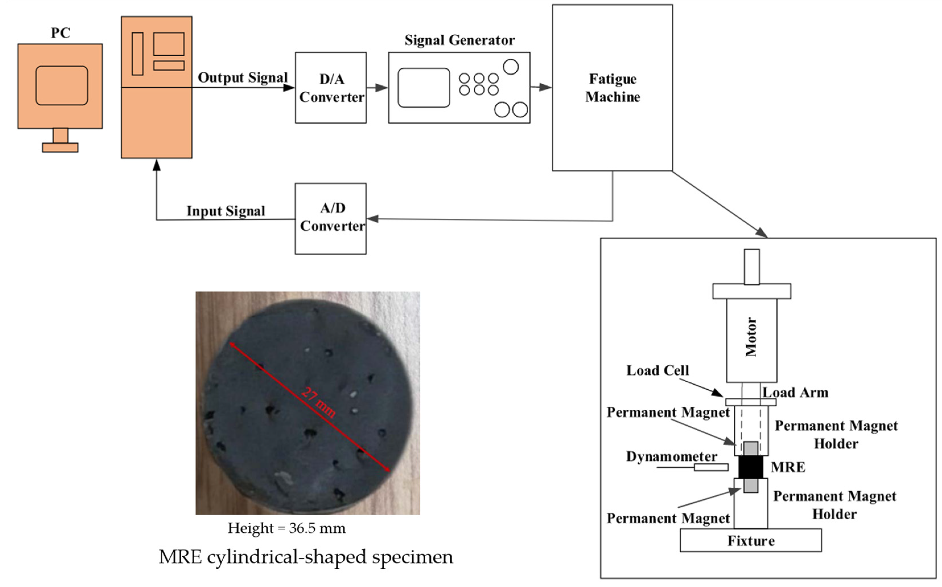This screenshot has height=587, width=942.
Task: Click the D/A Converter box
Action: (x=331, y=88)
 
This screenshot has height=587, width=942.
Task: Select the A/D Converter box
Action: (x=331, y=219)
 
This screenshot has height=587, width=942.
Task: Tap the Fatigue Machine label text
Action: (x=613, y=88)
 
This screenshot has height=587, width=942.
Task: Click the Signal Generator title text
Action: (x=459, y=40)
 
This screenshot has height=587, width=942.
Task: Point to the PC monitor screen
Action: (x=62, y=85)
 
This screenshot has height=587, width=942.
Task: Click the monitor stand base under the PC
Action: (x=60, y=147)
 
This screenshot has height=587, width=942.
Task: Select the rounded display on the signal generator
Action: (x=424, y=88)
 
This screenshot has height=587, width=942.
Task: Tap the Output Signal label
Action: (x=242, y=78)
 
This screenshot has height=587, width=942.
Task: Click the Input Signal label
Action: (x=226, y=211)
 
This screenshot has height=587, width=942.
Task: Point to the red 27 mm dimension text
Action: (x=318, y=403)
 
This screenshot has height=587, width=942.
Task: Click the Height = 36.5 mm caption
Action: (x=286, y=528)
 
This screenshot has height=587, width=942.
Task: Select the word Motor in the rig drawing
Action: (x=751, y=337)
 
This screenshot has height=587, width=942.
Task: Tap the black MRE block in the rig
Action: (x=751, y=467)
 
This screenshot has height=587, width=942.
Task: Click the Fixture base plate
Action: (x=751, y=540)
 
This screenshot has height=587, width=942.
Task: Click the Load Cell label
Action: (x=657, y=370)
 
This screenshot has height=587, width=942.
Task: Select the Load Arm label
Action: (x=795, y=393)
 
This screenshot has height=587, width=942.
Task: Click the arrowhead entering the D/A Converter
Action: (x=289, y=88)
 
